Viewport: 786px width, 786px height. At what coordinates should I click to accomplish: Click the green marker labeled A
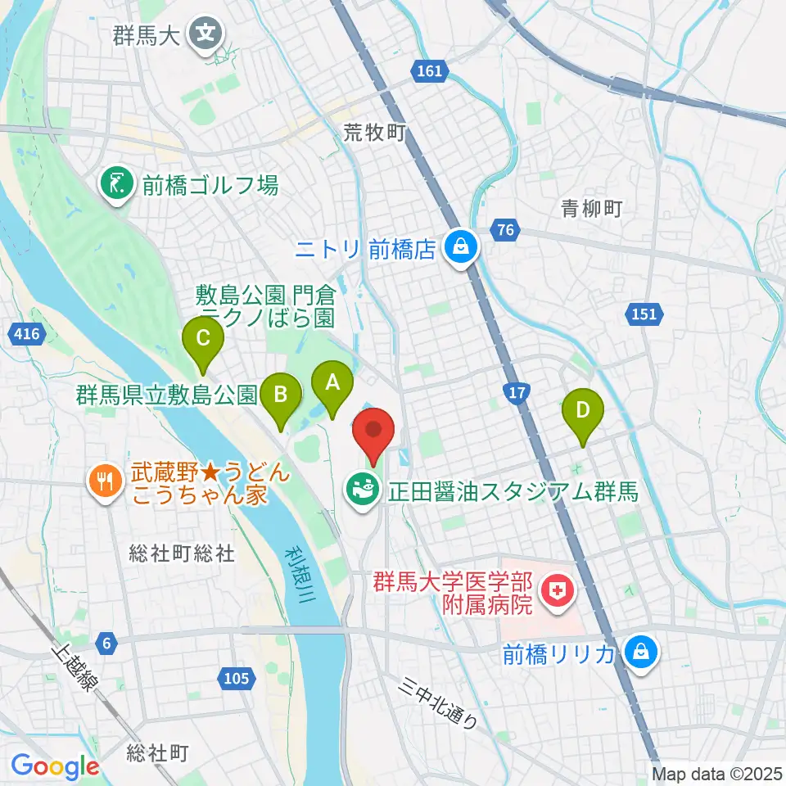point(332,382)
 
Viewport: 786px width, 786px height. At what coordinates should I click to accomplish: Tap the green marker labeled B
point(280,395)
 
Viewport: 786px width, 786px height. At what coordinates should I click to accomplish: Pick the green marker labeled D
point(583,409)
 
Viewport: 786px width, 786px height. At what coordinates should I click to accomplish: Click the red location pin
point(373,430)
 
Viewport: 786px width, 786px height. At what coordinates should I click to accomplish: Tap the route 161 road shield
point(429,71)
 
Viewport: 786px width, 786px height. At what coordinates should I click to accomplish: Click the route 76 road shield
point(505,230)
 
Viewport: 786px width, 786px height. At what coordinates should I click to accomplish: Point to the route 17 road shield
point(516,394)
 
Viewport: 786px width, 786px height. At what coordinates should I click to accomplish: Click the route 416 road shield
point(25,332)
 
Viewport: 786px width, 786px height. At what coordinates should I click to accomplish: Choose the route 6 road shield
point(105,643)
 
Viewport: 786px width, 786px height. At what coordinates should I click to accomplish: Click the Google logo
point(55,766)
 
